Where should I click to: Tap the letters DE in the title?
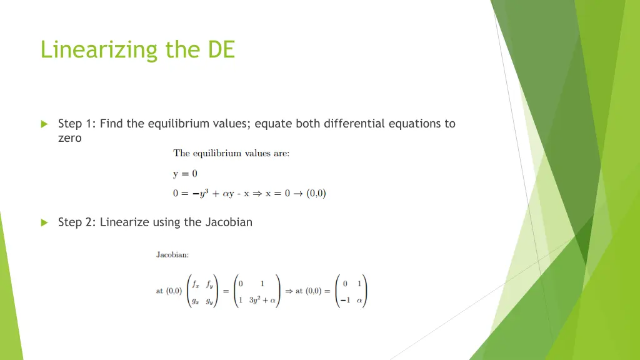221,49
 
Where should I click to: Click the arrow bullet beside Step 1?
44,124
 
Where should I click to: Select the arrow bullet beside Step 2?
44,222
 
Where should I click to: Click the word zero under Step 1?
69,139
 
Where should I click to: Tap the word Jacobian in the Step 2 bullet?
229,222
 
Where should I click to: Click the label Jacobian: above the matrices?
172,254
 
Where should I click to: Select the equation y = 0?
186,174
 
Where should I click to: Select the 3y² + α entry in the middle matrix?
262,300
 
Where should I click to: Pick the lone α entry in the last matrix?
359,300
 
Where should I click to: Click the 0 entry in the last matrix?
345,284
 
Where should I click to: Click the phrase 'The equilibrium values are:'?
231,154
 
